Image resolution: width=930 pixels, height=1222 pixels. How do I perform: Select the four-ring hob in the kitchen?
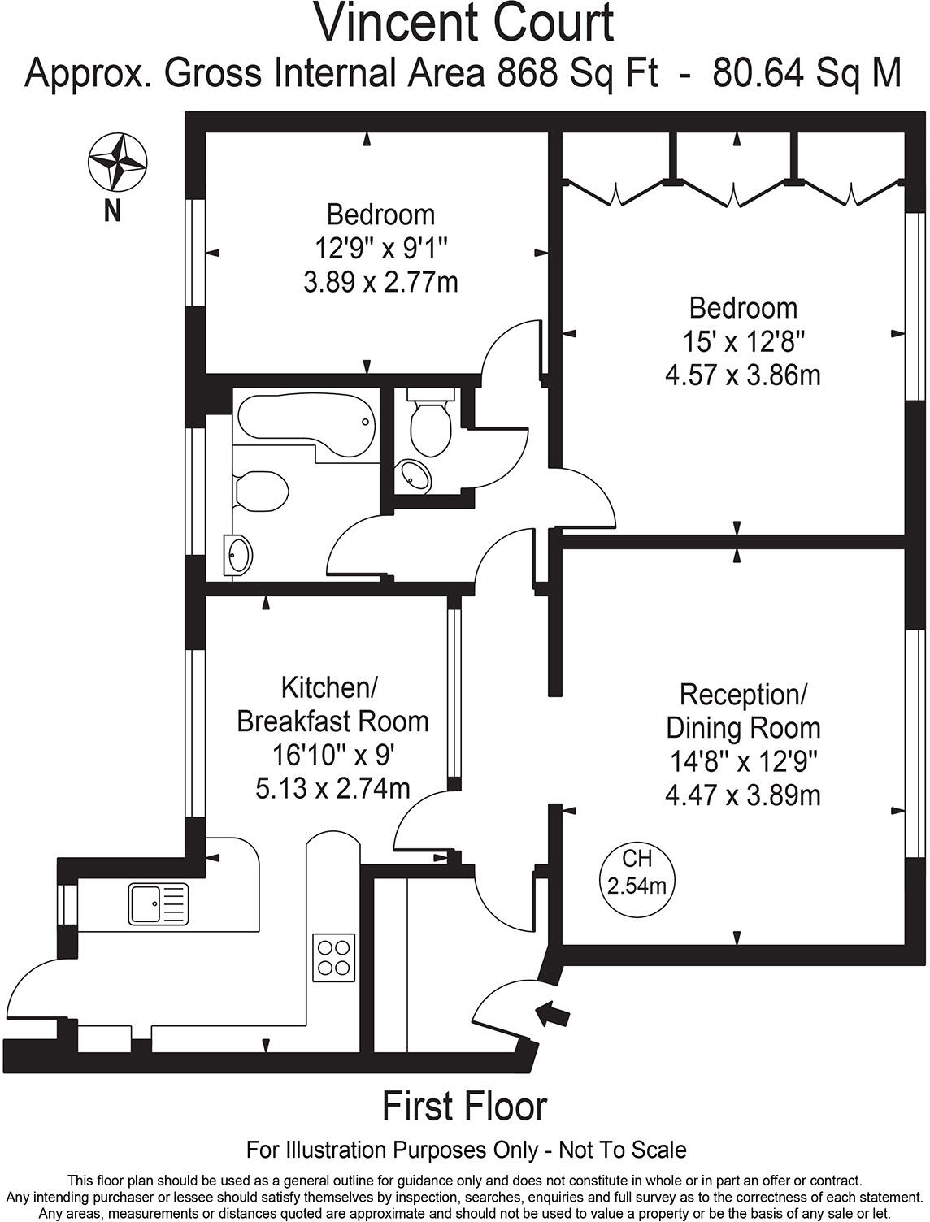pos(333,957)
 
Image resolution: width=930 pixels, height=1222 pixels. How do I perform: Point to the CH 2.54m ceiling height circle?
pos(637,873)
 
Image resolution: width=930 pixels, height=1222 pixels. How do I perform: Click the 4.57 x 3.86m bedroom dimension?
pos(742,375)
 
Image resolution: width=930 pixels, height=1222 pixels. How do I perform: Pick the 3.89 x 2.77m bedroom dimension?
pos(380,282)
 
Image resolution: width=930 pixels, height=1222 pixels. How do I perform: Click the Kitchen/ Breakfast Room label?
pos(332,704)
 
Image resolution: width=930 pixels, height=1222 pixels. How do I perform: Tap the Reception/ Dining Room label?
pos(742,711)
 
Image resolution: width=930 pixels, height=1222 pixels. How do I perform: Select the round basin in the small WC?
pos(415,477)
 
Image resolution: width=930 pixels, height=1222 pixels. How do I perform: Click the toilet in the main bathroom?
pos(262,491)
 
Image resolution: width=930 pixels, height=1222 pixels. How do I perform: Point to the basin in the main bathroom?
pos(238,556)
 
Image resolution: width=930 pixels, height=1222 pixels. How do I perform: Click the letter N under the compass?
pos(113,210)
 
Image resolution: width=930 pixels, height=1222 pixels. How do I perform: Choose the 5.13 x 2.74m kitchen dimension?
pos(332,788)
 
